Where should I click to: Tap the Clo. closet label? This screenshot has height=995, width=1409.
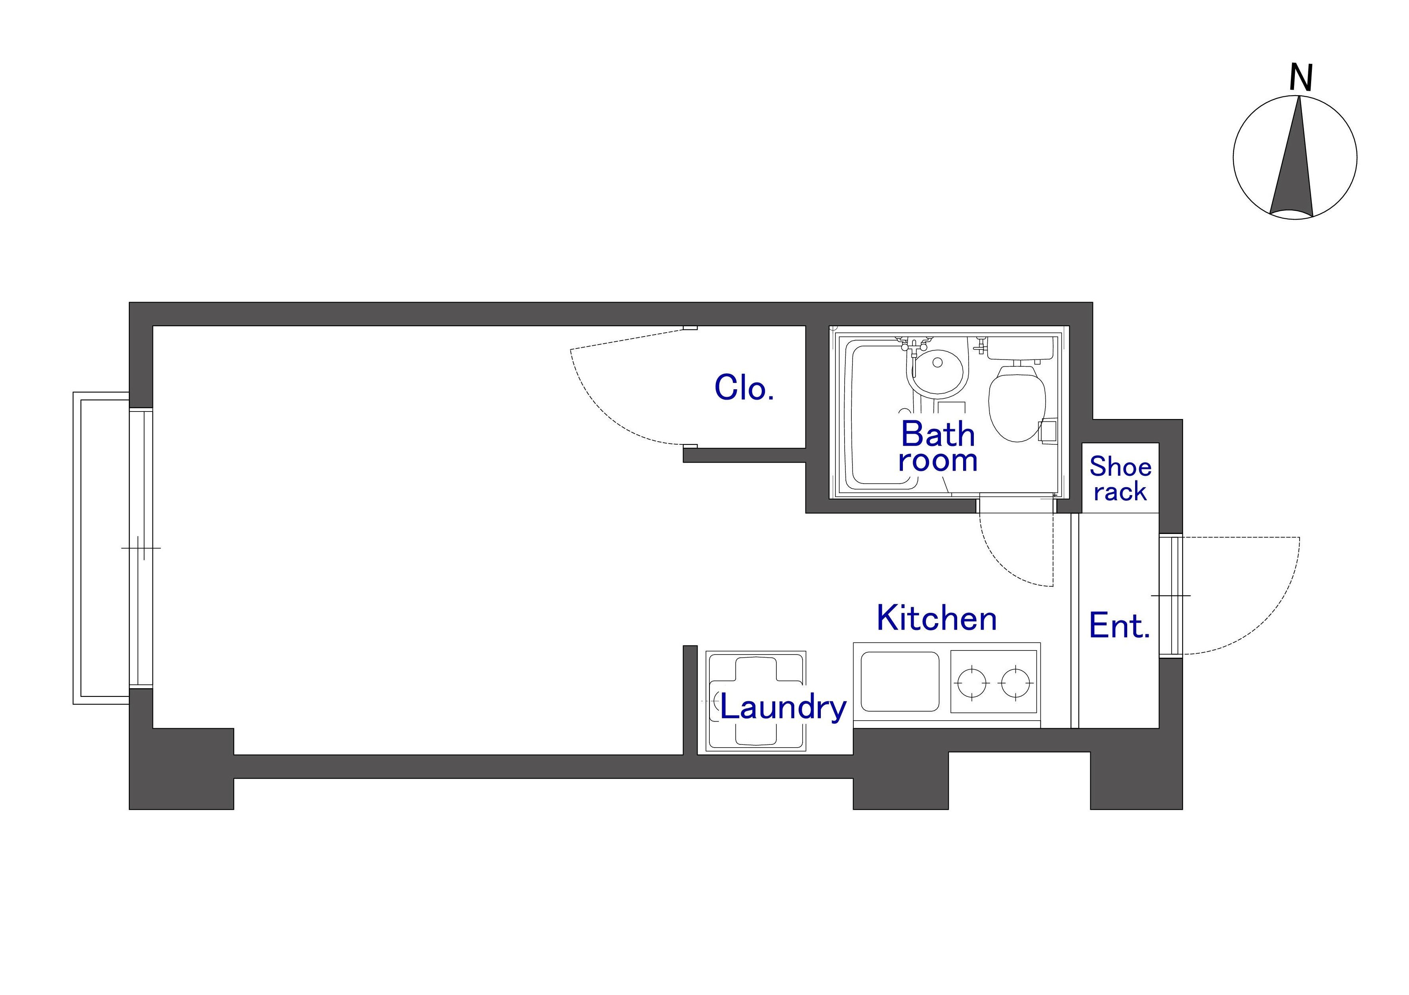point(744,388)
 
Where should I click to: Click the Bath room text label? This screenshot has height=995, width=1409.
point(938,446)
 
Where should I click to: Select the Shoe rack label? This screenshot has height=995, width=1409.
point(1120,479)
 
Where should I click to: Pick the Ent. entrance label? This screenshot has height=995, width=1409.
point(1119,626)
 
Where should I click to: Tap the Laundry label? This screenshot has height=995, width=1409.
point(783,708)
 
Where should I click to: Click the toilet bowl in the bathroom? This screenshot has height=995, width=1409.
point(1017,403)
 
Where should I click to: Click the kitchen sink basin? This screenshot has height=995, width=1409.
point(900,681)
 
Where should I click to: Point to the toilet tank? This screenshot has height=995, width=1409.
point(1022,348)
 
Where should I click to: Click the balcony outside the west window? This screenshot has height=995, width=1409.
point(101,548)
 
